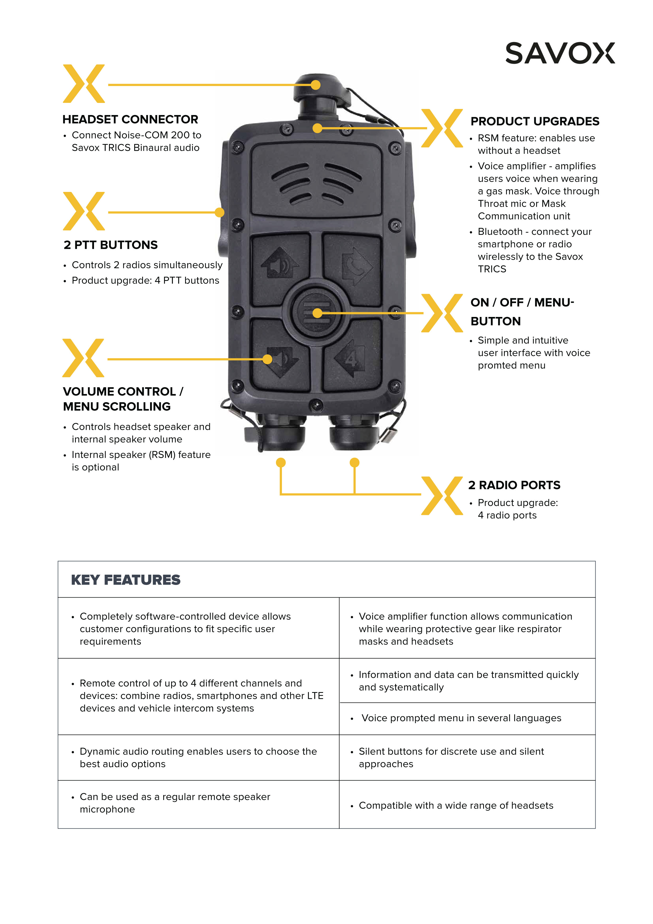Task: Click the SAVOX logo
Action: tap(560, 53)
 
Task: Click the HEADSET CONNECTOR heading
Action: tap(130, 120)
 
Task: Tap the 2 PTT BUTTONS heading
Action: tap(110, 245)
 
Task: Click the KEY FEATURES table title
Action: tap(126, 580)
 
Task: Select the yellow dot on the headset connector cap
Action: tap(316, 85)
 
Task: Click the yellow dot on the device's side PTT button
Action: tap(219, 212)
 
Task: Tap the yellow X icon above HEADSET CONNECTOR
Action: tap(84, 84)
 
